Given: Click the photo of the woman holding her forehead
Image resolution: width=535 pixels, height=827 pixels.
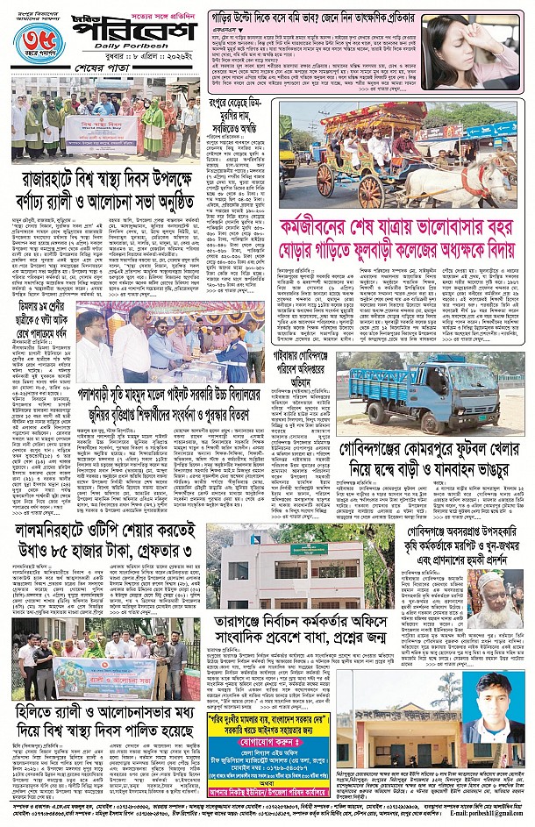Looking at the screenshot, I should point(473,53).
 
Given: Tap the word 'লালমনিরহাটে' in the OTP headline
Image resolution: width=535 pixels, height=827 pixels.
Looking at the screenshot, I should point(62,533).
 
